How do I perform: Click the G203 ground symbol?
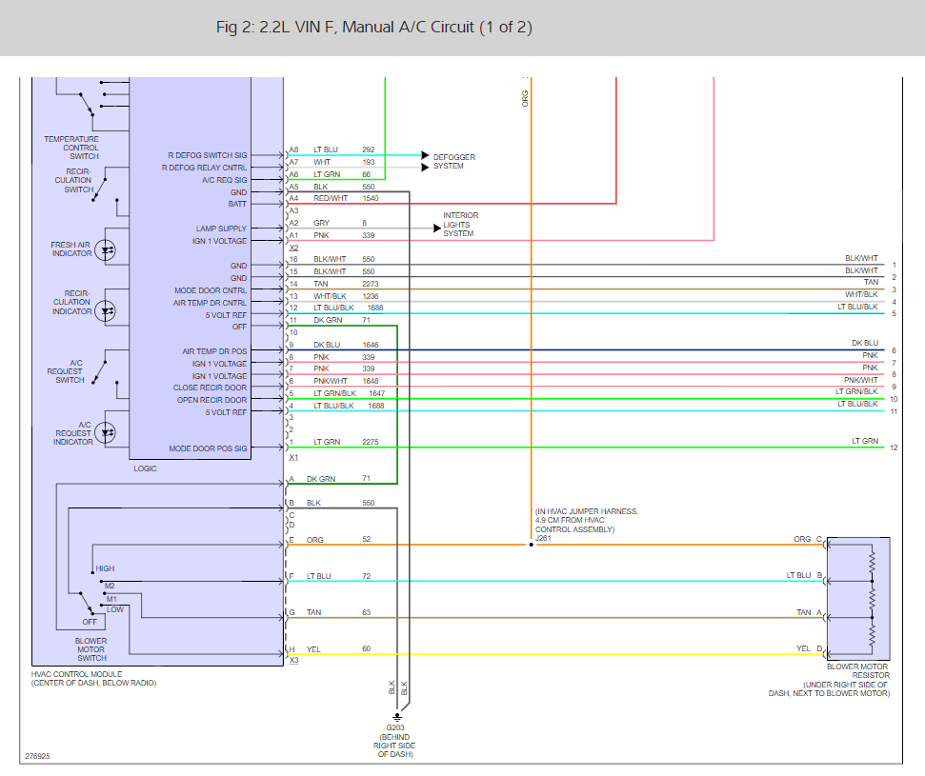coord(397,717)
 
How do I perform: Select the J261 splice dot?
coord(531,545)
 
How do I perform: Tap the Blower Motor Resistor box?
coord(858,598)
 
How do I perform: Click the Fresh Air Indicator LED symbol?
coord(106,250)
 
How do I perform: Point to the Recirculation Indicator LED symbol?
coord(106,310)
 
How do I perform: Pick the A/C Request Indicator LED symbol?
coord(106,433)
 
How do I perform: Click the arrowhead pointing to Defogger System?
coord(425,155)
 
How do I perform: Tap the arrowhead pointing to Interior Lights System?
coord(437,229)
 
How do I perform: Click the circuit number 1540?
coord(371,198)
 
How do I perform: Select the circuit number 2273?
coord(371,284)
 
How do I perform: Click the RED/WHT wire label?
coord(331,198)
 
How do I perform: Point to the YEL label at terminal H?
coord(313,649)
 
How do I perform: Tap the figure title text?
coord(374,27)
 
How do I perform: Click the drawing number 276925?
coord(38,756)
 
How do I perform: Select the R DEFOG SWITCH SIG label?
coord(208,155)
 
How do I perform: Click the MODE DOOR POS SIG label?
coord(209,448)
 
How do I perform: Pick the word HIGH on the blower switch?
coord(105,568)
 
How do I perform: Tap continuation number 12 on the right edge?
coord(894,448)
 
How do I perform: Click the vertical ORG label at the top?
coord(525,98)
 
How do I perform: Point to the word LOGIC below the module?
coord(145,468)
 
